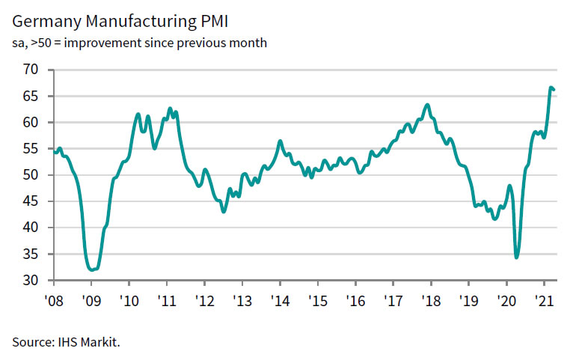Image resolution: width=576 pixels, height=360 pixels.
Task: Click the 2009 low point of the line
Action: (x=92, y=269)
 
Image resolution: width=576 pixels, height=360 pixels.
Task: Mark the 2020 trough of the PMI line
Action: (x=516, y=257)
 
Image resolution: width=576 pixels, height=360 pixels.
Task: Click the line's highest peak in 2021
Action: (x=551, y=88)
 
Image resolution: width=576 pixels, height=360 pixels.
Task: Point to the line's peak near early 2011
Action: (x=170, y=109)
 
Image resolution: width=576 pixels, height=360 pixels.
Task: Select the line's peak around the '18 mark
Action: (x=427, y=105)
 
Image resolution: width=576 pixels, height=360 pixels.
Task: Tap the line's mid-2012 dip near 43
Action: (x=223, y=212)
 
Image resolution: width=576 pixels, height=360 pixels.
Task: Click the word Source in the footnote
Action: (x=31, y=342)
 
